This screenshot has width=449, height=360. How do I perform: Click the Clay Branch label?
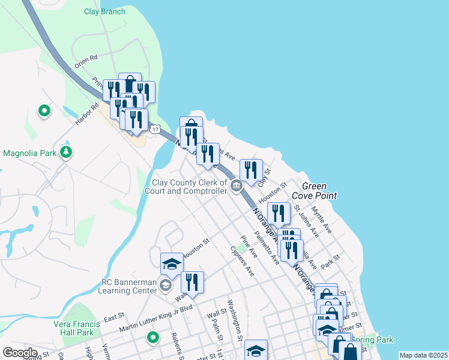click(104, 11)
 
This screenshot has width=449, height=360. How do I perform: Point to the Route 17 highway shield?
click(155, 130)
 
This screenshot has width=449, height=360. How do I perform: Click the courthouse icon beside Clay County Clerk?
click(237, 186)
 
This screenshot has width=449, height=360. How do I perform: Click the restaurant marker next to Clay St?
click(251, 170)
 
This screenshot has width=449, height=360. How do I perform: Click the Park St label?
click(330, 262)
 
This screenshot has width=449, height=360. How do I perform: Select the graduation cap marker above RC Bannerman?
click(172, 263)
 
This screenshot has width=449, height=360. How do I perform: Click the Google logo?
click(20, 352)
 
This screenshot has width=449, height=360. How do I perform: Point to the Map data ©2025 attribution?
click(423, 355)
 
